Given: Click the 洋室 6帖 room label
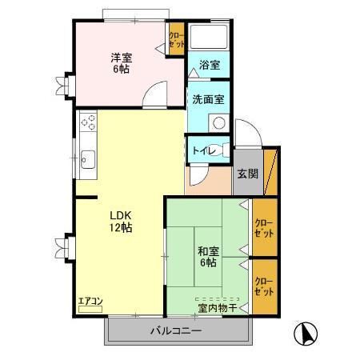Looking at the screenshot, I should coord(122,62).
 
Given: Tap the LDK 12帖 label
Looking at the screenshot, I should coord(122,221).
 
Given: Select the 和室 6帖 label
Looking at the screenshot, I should coord(207,257).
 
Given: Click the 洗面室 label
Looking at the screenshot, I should coord(208,99).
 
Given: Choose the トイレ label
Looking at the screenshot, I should coord(203,150).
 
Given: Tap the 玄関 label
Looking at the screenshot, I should coord(247,174).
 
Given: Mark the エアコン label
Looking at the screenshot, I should coord(90,302).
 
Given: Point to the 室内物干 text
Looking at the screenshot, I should coord(217,306).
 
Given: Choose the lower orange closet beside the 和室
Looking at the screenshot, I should coord(263,286).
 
